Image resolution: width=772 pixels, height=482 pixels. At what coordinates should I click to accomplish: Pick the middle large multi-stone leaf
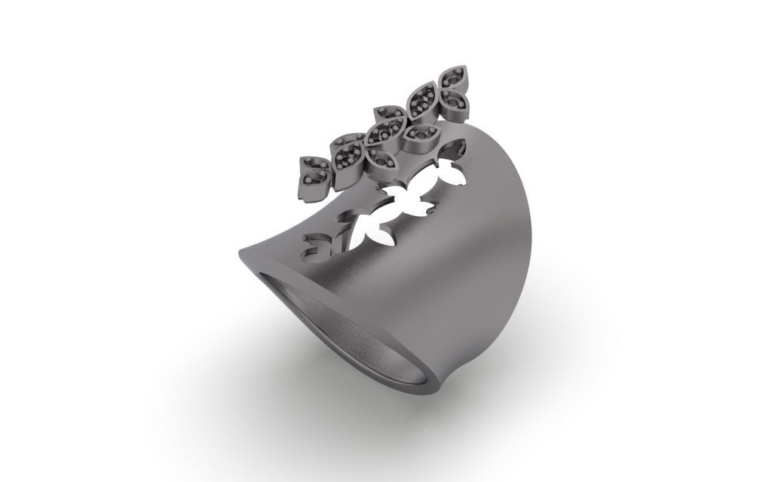[x=388, y=116]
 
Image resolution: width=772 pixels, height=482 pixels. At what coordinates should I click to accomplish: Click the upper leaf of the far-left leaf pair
[x=311, y=165]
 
